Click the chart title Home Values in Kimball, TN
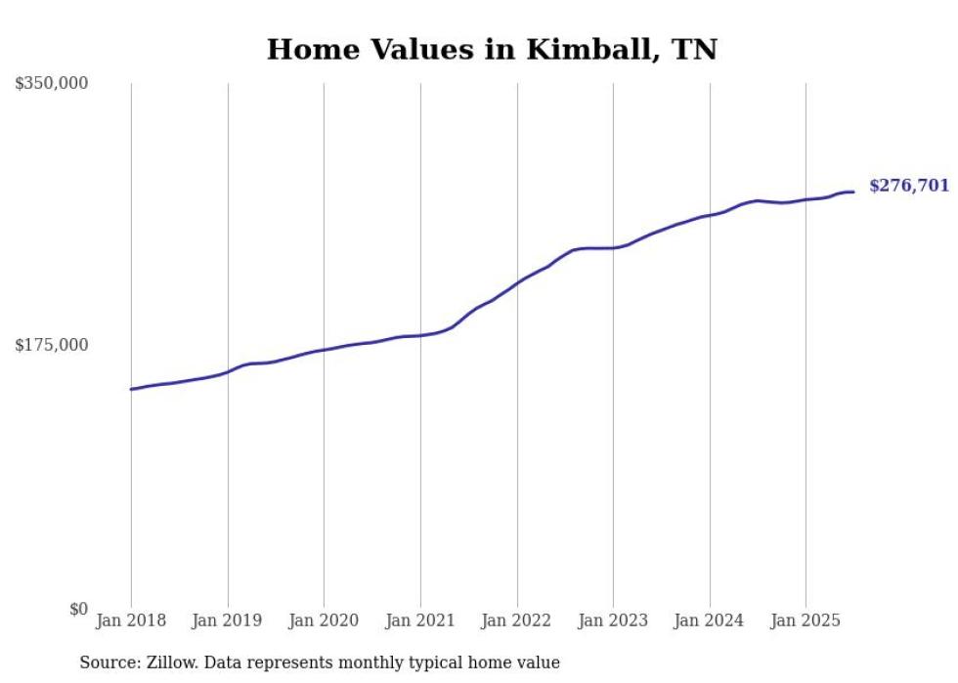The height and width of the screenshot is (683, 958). pyautogui.click(x=492, y=50)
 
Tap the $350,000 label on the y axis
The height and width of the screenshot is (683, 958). pyautogui.click(x=52, y=84)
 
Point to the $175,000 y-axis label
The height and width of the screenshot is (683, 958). pyautogui.click(x=52, y=345)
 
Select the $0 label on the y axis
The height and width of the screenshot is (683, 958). pyautogui.click(x=78, y=609)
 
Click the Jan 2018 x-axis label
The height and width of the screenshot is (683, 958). pyautogui.click(x=131, y=620)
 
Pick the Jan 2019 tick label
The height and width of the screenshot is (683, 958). pyautogui.click(x=228, y=620)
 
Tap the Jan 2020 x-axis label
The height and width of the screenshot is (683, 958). pyautogui.click(x=324, y=620)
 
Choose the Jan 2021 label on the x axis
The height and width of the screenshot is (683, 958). pyautogui.click(x=420, y=620)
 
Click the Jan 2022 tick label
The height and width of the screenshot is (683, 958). pyautogui.click(x=516, y=620)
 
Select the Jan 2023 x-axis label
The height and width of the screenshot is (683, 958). pyautogui.click(x=613, y=620)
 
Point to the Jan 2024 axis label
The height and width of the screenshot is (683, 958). pyautogui.click(x=709, y=620)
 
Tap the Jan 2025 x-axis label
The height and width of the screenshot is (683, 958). pyautogui.click(x=806, y=620)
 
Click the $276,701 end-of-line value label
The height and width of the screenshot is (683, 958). pyautogui.click(x=908, y=186)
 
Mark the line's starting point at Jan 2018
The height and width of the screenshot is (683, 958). pyautogui.click(x=131, y=389)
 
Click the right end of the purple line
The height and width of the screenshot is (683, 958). pyautogui.click(x=853, y=192)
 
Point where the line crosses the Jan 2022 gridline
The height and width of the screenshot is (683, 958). pyautogui.click(x=517, y=282)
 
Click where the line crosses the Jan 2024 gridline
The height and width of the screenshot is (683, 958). pyautogui.click(x=710, y=215)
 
